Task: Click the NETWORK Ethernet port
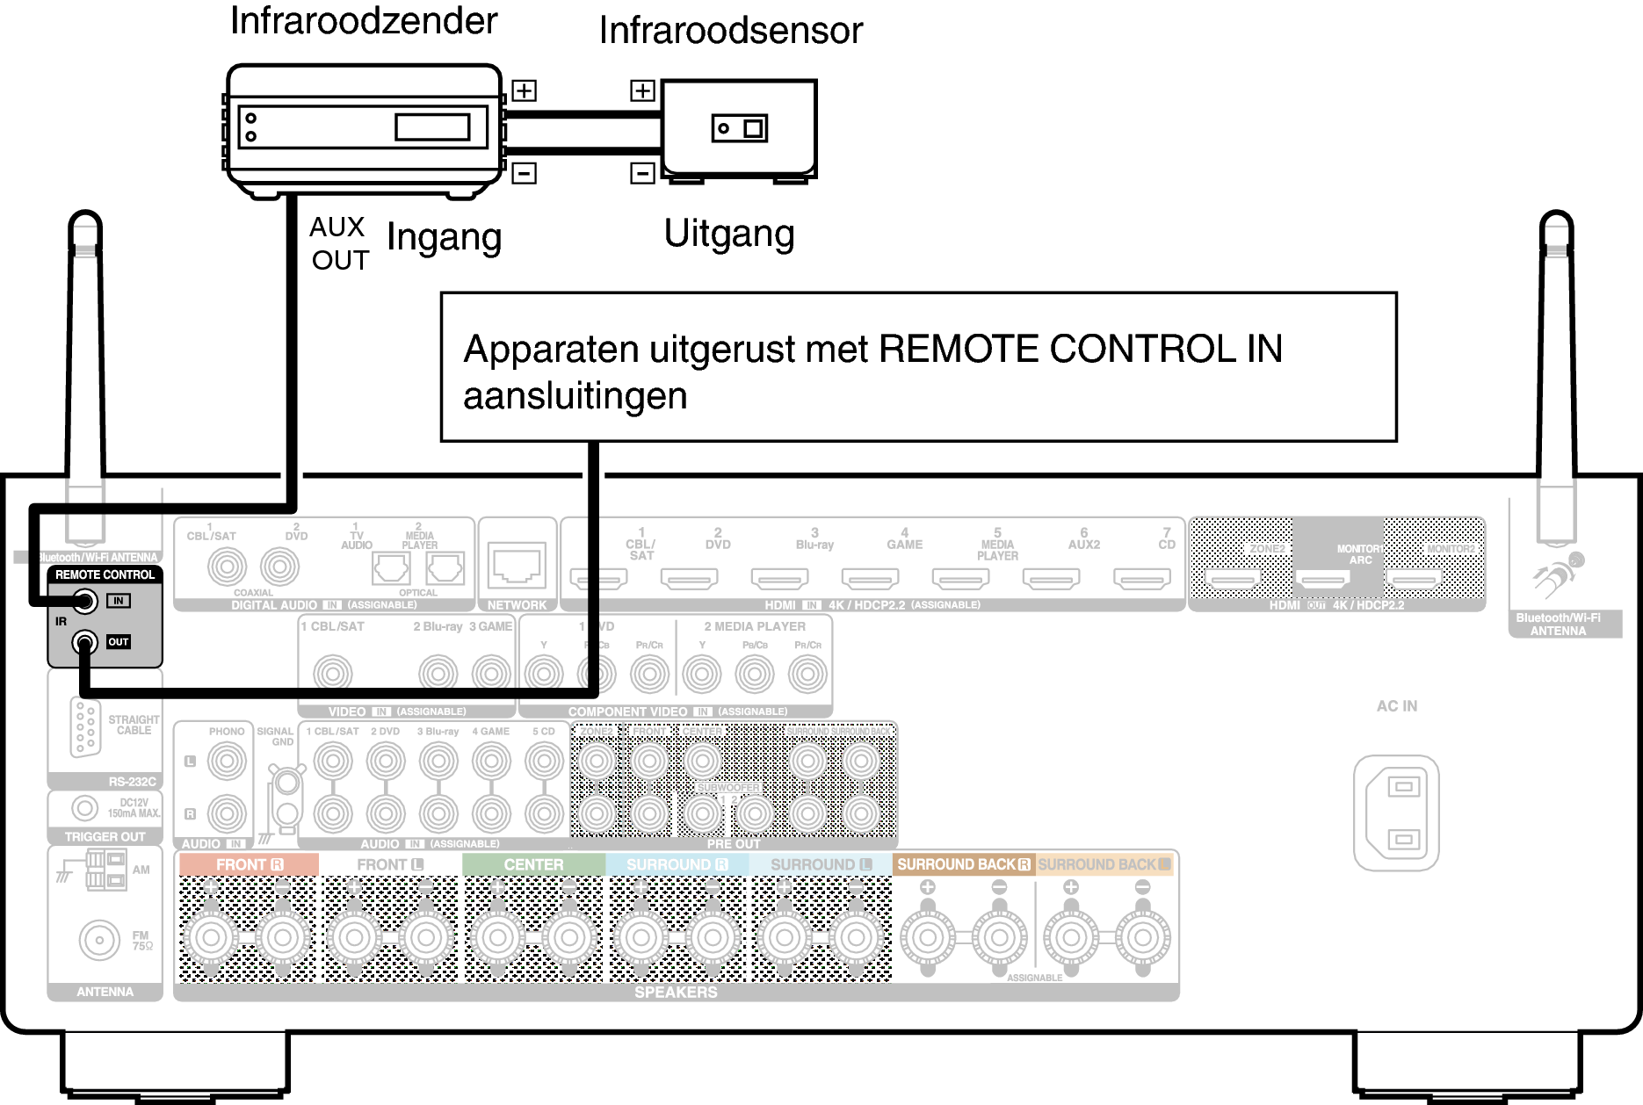(x=517, y=564)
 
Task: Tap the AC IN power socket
(x=1396, y=812)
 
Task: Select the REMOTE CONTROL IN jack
(x=84, y=602)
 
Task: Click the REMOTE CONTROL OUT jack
(x=84, y=642)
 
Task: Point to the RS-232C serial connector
(x=85, y=726)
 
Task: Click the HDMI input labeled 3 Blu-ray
(x=779, y=578)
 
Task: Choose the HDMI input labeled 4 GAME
(x=870, y=578)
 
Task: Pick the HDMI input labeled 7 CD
(x=1141, y=578)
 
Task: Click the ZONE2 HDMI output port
(x=1232, y=578)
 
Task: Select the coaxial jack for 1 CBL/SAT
(x=227, y=567)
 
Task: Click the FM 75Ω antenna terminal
(x=99, y=941)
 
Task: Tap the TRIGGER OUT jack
(x=85, y=807)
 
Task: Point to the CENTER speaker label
(x=533, y=865)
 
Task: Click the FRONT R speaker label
(x=249, y=865)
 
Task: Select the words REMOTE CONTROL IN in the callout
(x=1080, y=350)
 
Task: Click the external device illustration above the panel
(x=364, y=130)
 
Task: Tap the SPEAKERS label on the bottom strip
(x=676, y=993)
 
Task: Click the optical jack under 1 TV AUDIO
(x=391, y=569)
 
